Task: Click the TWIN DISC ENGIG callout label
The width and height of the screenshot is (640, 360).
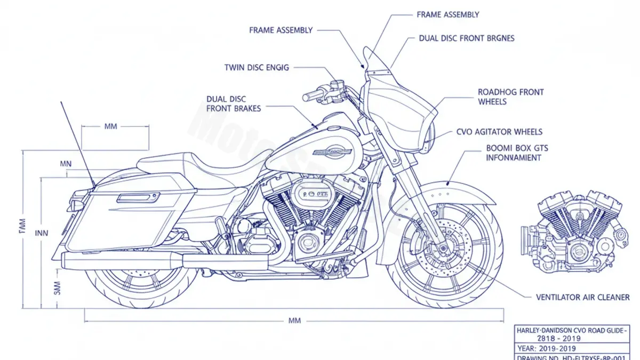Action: pos(257,68)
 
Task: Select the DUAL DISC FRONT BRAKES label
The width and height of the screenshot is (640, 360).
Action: pos(234,104)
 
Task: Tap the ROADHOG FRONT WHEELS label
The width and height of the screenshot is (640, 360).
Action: pos(510,97)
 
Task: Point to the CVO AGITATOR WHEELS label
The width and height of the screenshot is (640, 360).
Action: pos(499,132)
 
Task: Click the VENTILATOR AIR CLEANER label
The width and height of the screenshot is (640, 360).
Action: pos(582,297)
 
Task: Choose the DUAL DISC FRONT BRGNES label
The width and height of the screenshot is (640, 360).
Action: pos(466,38)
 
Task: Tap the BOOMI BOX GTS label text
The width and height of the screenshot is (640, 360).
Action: pos(517,148)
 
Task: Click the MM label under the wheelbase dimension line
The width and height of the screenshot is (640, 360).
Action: pos(294,321)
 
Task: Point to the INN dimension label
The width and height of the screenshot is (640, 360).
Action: pos(42,233)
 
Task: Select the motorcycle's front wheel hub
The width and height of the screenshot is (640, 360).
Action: pos(443,248)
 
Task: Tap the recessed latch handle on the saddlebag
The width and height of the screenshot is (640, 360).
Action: pos(138,198)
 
